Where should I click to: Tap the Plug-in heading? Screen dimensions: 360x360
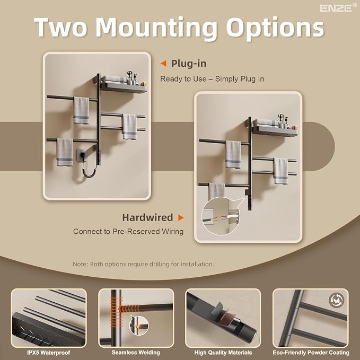click(189, 64)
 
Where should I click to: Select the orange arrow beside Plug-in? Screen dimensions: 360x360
click(163, 64)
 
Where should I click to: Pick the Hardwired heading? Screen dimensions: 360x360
click(147, 217)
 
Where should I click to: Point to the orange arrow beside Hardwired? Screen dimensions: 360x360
click(181, 217)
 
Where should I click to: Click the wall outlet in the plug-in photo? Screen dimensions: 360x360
click(81, 154)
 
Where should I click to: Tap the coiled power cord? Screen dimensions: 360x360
click(89, 171)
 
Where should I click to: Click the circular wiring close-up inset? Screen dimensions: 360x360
click(221, 216)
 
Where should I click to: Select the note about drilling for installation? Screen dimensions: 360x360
click(143, 264)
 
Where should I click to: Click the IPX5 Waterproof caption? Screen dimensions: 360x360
click(48, 353)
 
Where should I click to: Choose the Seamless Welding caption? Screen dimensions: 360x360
click(136, 353)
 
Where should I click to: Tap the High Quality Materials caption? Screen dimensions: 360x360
click(223, 353)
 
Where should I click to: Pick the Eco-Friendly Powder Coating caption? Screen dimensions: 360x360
click(311, 353)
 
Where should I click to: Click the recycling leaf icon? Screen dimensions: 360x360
click(336, 300)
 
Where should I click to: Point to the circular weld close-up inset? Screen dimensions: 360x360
click(139, 326)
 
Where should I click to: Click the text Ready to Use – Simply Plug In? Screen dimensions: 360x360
click(212, 79)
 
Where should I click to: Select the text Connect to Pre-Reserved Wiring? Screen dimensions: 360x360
click(128, 231)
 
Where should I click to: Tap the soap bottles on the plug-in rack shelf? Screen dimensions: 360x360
click(132, 78)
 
